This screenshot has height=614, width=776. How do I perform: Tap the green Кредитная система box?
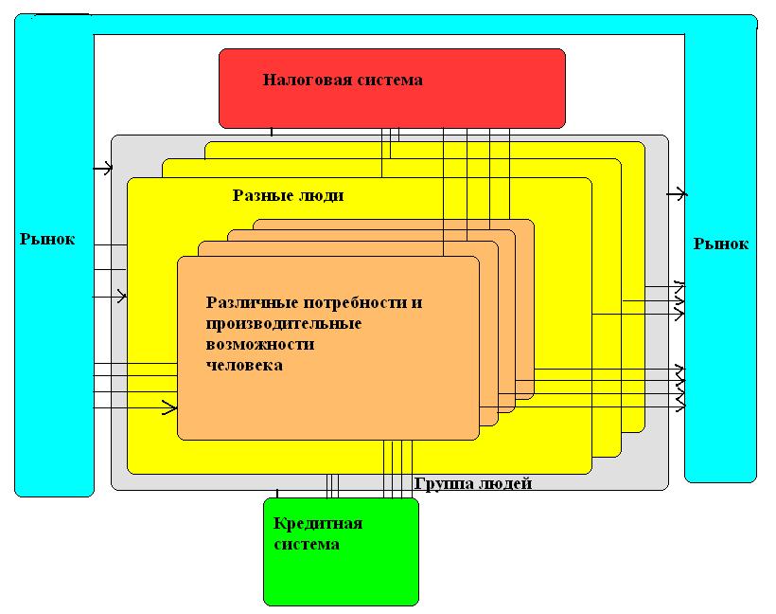[x=341, y=573]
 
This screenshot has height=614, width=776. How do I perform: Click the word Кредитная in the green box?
[x=318, y=524]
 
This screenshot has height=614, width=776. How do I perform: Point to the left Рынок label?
[x=47, y=240]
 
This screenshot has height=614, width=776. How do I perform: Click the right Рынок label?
[x=720, y=244]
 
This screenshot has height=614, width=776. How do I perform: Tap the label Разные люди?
[x=289, y=196]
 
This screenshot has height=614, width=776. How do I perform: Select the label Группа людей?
[x=473, y=484]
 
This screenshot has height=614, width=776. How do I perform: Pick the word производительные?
[x=283, y=324]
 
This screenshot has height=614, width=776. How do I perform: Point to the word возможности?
[x=260, y=345]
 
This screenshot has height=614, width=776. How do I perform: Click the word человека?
[x=244, y=365]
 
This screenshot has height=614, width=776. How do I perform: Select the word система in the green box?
[x=306, y=545]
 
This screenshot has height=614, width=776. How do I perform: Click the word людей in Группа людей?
[x=507, y=484]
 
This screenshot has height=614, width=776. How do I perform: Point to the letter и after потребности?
[x=417, y=303]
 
